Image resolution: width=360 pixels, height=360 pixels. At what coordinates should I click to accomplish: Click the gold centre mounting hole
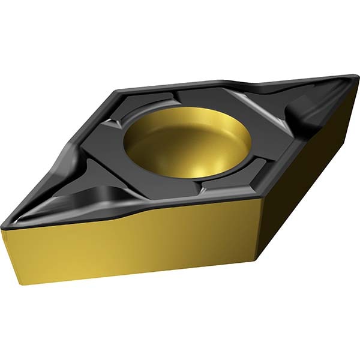pos(187,146)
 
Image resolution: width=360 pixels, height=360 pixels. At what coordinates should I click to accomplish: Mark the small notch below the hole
pos(204,189)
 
